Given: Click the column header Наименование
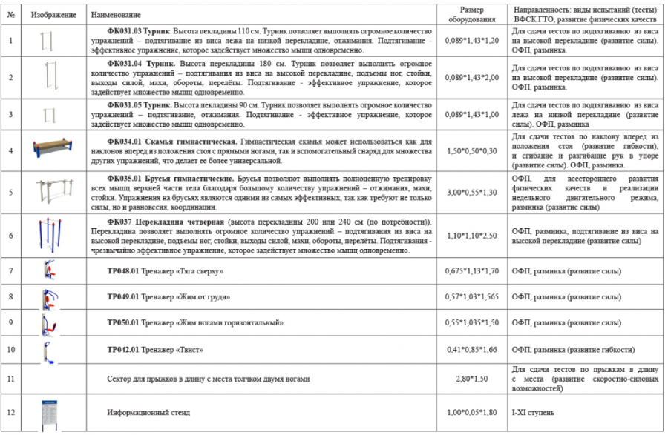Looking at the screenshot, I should click(x=110, y=15).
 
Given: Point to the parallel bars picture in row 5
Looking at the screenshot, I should click(x=54, y=192).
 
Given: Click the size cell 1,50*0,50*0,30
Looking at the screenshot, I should click(x=471, y=150).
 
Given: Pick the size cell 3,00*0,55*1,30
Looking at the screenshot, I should click(x=471, y=192).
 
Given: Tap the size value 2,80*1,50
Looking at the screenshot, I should click(x=471, y=379).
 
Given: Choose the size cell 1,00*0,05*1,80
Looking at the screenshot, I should click(x=471, y=413).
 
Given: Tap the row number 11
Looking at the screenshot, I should click(x=11, y=379).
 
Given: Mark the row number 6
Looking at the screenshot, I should click(x=11, y=235).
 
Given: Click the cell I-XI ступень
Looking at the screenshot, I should click(x=536, y=413).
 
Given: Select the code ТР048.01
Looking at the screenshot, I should click(x=123, y=271).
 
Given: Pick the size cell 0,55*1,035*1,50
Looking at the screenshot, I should click(x=471, y=323).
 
